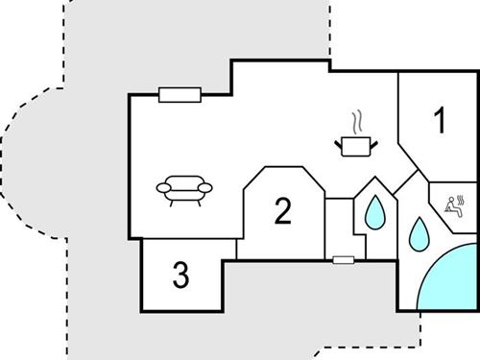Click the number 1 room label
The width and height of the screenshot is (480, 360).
pyautogui.click(x=440, y=122)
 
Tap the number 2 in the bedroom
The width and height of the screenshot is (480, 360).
pyautogui.click(x=281, y=210)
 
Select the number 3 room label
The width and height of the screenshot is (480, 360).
pyautogui.click(x=180, y=276)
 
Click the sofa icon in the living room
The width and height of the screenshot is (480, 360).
pyautogui.click(x=186, y=189)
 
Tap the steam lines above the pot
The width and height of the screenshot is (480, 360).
pyautogui.click(x=357, y=124)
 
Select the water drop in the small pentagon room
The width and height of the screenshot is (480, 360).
pyautogui.click(x=373, y=212)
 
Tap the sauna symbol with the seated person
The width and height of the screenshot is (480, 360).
pyautogui.click(x=456, y=206)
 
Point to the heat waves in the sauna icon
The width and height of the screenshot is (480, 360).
pyautogui.click(x=462, y=200)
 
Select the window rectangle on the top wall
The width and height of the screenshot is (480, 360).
pyautogui.click(x=179, y=94)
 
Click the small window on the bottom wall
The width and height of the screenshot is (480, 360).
pyautogui.click(x=342, y=259)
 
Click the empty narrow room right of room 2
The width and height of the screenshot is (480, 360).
pyautogui.click(x=339, y=227)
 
